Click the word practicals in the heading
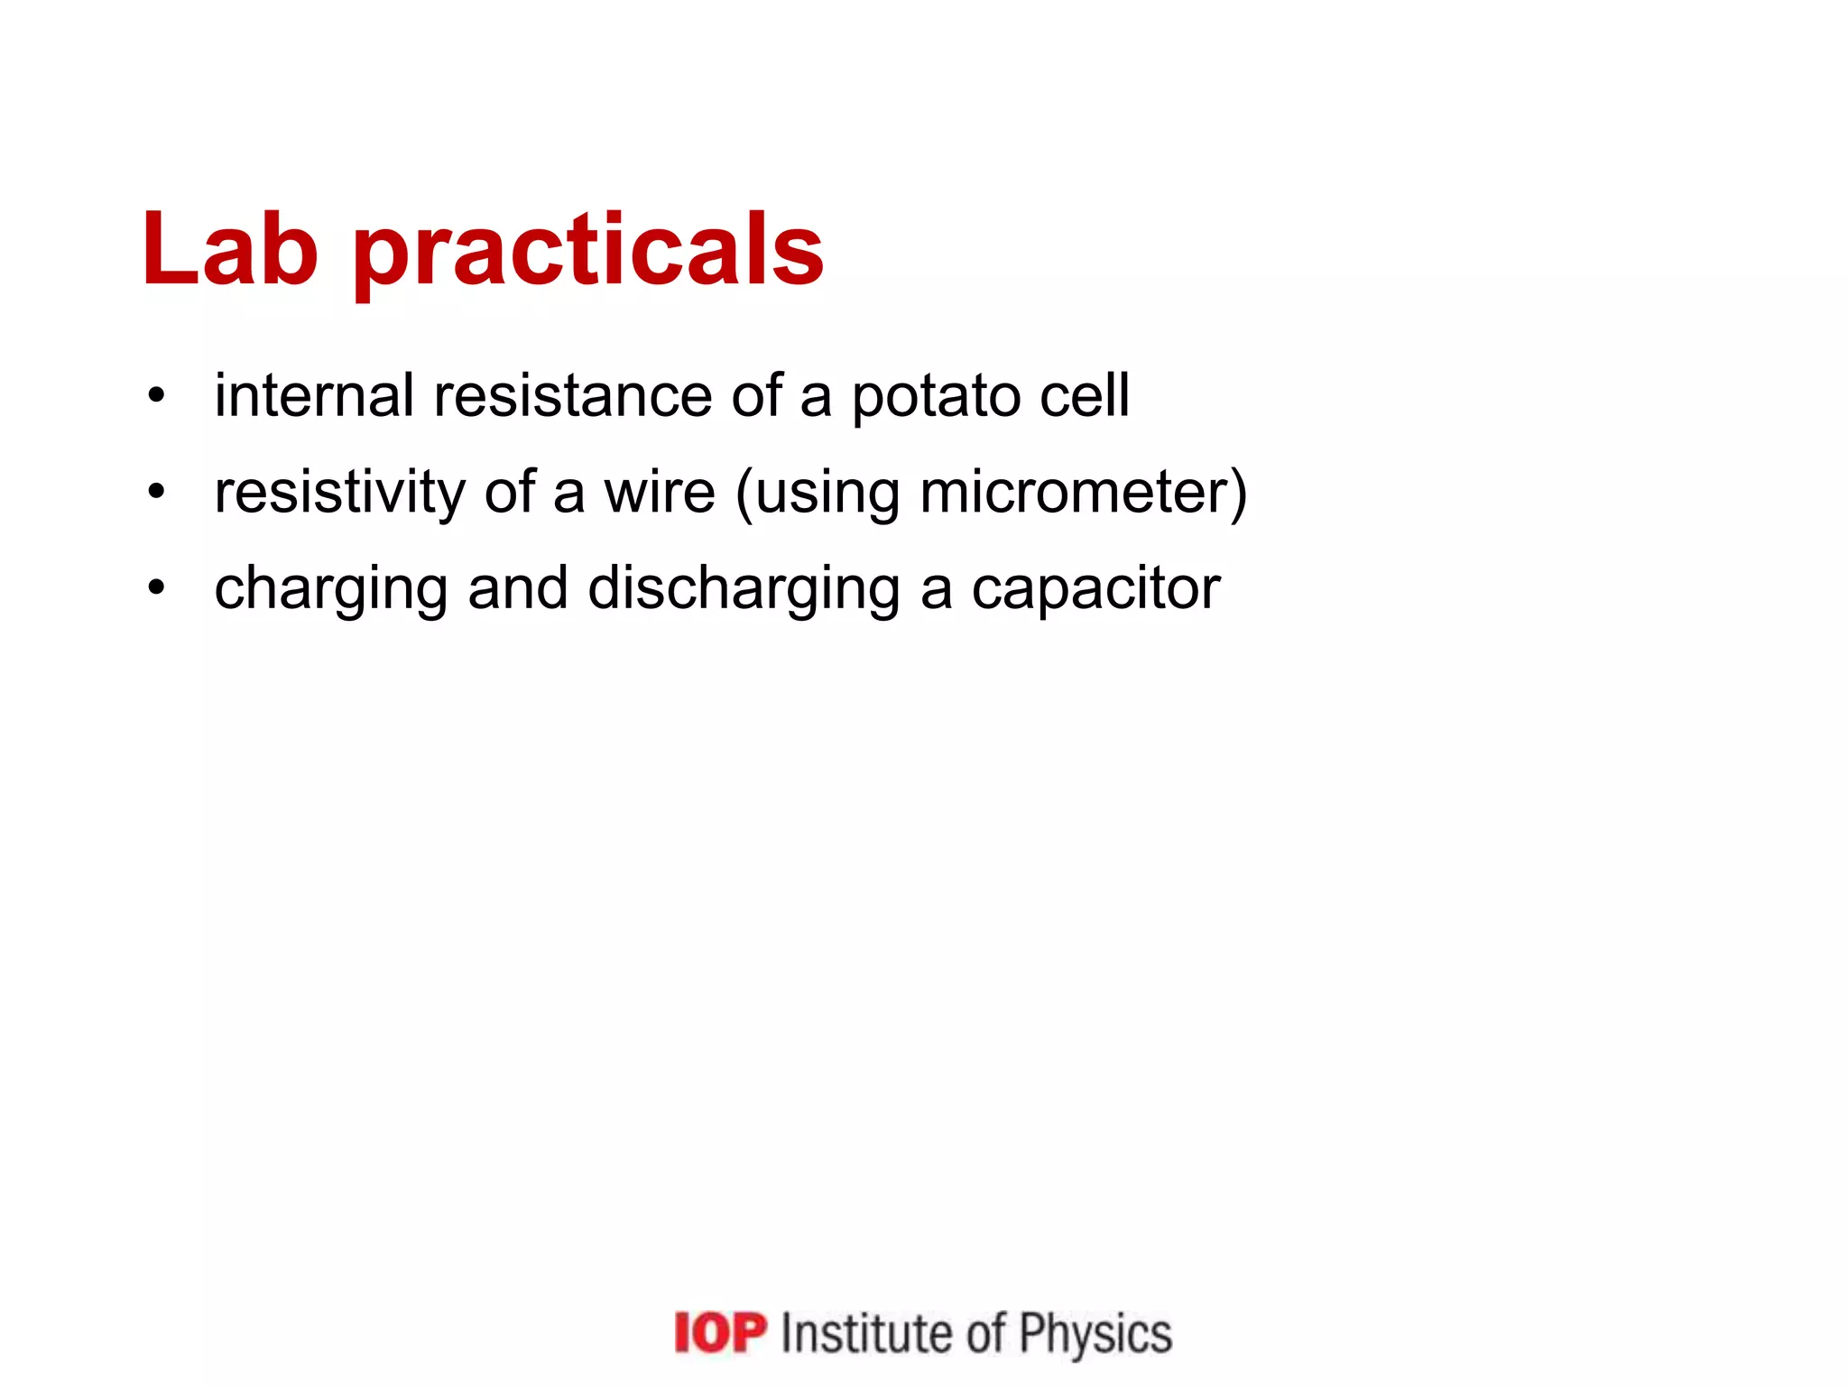588,253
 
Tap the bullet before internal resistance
157,395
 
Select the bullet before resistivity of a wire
157,492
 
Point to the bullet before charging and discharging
157,587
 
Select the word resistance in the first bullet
572,395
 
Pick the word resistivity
339,493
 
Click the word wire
660,493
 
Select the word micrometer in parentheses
1076,493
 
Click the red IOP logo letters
720,1333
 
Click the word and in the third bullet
518,587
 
